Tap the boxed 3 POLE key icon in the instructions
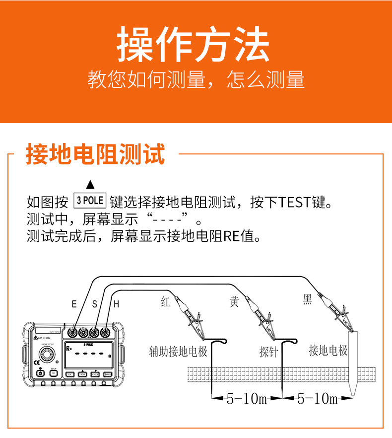90,201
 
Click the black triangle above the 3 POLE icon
90,185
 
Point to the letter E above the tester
74,304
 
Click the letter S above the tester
95,304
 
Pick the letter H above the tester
116,304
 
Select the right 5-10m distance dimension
317,398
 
